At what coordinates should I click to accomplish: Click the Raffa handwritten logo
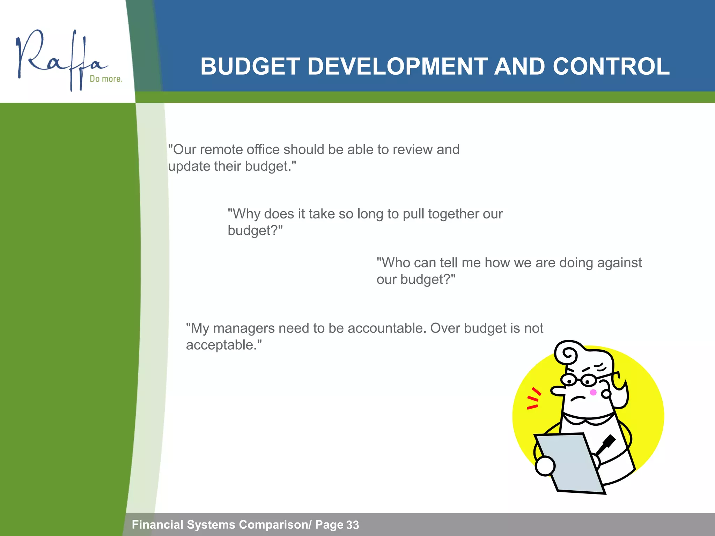tap(59, 59)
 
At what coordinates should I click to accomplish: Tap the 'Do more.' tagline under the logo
tap(106, 79)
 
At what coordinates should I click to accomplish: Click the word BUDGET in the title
tap(250, 66)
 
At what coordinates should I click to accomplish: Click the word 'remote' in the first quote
tap(222, 149)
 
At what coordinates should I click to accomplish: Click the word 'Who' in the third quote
tap(393, 262)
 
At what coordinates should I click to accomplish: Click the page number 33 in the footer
tap(352, 525)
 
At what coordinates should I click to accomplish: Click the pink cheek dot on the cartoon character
tap(593, 393)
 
